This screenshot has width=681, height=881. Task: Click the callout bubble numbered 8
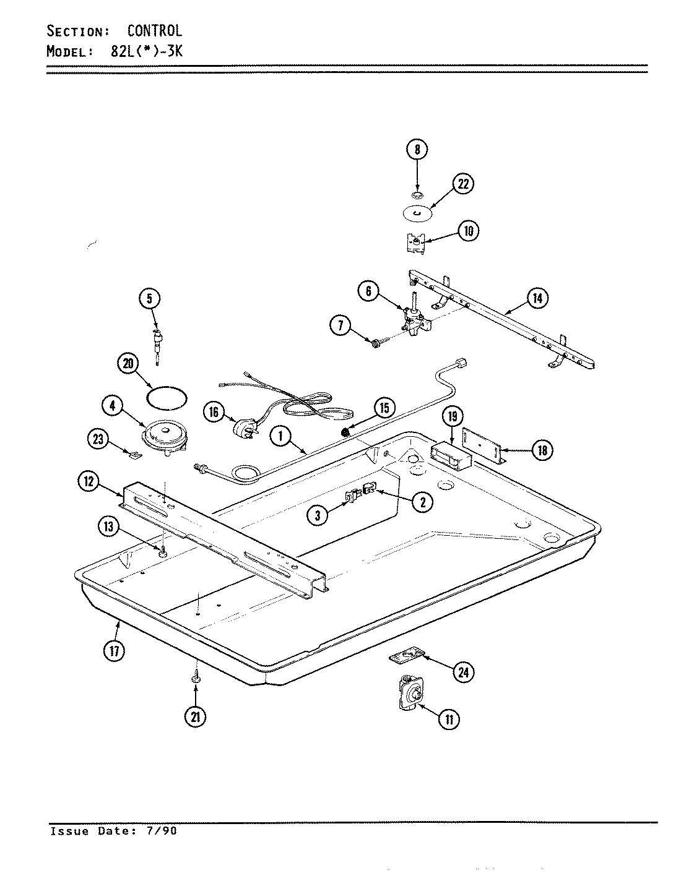[x=417, y=149]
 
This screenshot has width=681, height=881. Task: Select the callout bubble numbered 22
[x=462, y=183]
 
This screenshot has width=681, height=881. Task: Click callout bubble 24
[x=462, y=672]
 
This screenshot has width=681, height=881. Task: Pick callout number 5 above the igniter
[x=149, y=299]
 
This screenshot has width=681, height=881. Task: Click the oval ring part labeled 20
[x=168, y=397]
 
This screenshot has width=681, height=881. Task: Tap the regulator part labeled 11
[x=410, y=696]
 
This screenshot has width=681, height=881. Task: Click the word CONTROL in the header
[x=154, y=30]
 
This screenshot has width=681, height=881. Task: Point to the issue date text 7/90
[x=162, y=831]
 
